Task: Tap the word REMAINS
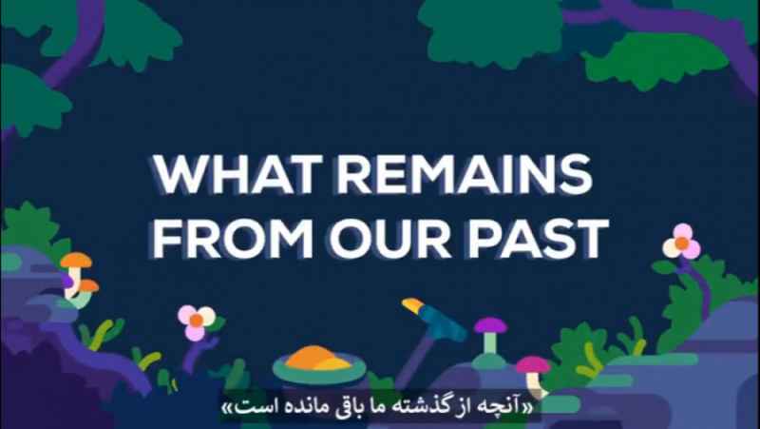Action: (465, 174)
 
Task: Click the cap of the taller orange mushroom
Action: (76, 261)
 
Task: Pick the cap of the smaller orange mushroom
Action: (88, 285)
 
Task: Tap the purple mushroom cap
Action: (490, 325)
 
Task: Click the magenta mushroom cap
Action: (533, 365)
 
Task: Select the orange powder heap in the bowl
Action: (317, 359)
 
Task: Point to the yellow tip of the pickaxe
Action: (412, 304)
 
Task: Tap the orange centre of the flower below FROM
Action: (197, 321)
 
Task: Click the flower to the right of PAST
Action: (681, 243)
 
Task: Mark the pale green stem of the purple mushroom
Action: (490, 343)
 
